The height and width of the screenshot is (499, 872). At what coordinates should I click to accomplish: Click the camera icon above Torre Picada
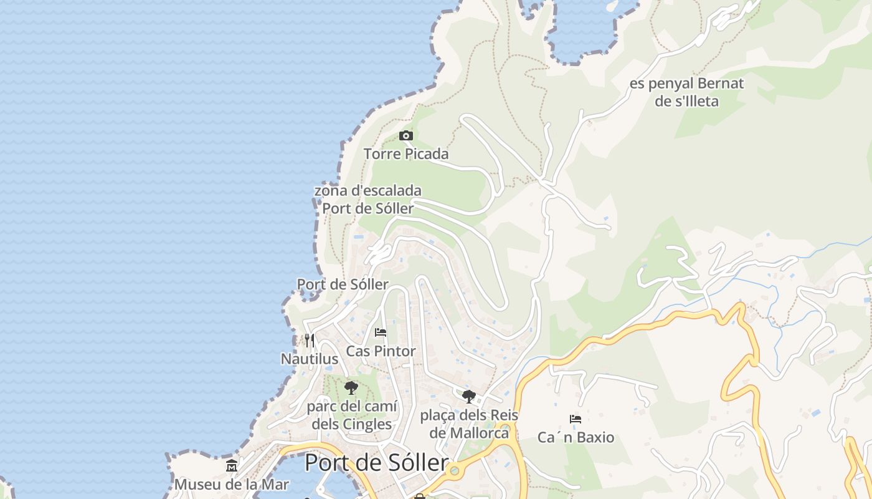pos(406,135)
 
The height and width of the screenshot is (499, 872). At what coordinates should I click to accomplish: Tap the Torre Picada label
pos(406,153)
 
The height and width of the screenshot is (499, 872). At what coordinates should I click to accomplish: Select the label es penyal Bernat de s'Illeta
pos(686,92)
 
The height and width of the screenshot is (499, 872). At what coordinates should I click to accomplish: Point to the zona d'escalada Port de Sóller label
pos(367,199)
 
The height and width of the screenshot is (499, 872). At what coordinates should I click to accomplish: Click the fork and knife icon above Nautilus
pos(310,340)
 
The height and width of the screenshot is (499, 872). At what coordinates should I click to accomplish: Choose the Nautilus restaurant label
pos(310,359)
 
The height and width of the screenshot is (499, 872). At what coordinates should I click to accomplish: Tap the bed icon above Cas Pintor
pos(381,332)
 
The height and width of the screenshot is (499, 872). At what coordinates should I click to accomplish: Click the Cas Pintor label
pos(381,351)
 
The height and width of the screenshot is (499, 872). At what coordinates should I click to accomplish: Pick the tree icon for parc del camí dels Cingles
pos(351,388)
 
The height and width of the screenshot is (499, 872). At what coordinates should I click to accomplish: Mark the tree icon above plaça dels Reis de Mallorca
pos(469,396)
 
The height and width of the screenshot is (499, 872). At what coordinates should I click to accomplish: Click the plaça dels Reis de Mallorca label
pos(469,424)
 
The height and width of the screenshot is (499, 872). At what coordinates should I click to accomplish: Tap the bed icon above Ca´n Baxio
pos(576,419)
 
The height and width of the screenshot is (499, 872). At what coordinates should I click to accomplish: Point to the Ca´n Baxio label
pos(576,437)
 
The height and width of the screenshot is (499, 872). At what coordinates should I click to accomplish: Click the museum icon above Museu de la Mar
pos(232,465)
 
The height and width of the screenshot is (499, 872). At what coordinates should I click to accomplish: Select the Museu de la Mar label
pos(232,484)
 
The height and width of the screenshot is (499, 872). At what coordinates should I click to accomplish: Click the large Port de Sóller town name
pos(376,463)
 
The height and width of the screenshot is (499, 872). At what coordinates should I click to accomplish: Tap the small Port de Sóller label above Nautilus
pos(343,284)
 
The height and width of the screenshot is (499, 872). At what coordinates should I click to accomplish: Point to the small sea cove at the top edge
pos(582,28)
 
